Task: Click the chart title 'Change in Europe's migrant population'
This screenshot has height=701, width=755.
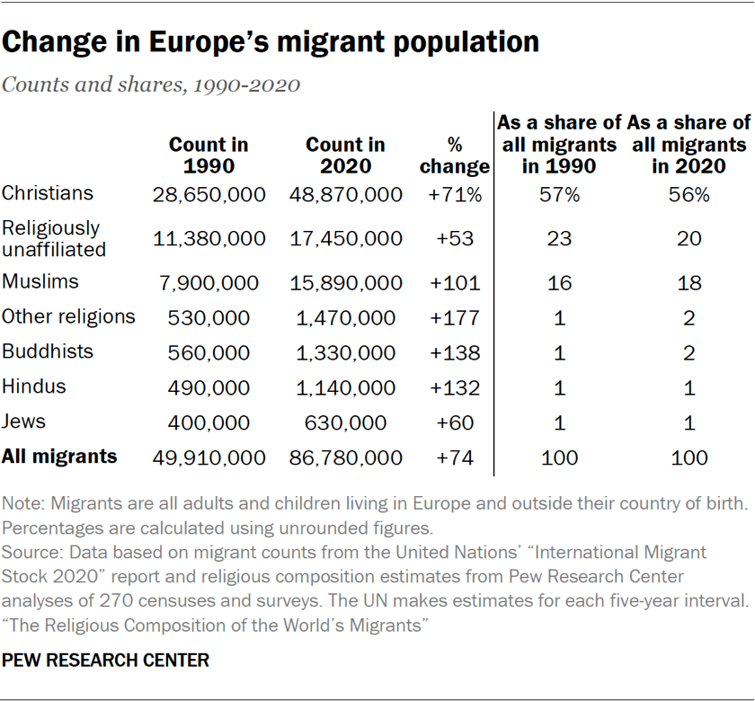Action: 271,41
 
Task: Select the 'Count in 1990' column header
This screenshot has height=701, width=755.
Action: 209,155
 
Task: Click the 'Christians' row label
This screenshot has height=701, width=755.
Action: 48,192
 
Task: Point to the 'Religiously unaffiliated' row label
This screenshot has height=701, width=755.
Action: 53,238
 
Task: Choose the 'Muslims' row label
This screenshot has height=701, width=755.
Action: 40,281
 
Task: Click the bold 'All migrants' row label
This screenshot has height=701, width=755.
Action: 59,457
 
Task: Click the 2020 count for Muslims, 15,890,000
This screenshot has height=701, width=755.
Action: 345,283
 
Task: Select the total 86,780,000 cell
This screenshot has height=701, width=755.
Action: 345,458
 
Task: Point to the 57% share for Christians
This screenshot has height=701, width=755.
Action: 560,194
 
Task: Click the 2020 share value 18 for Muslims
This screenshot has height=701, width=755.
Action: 688,283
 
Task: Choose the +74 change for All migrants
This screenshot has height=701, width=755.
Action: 454,458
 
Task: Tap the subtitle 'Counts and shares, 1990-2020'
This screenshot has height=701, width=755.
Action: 151,85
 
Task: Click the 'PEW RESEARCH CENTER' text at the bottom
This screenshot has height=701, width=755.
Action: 106,661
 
